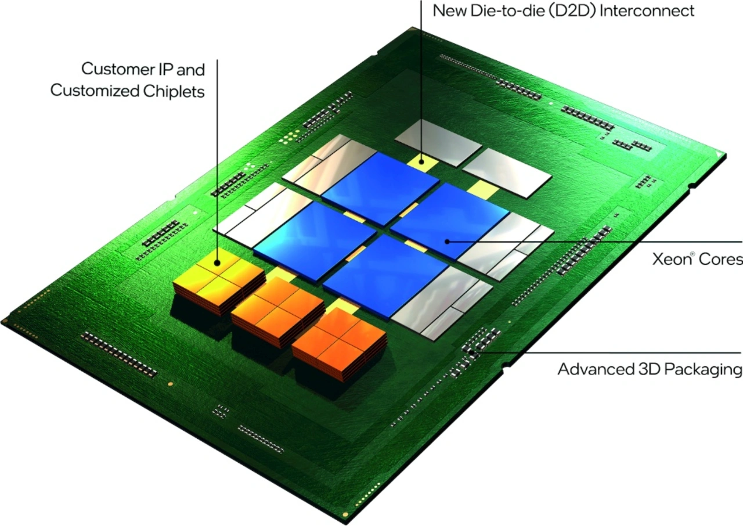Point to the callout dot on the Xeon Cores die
(x=446, y=241)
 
